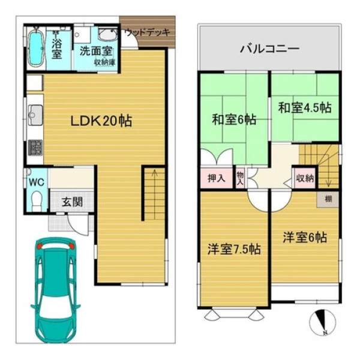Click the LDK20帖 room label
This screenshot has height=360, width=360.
[x=101, y=121]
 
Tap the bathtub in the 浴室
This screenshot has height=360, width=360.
[x=36, y=48]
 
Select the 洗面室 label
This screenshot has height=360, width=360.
[x=96, y=51]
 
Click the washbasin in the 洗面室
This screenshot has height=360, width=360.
[x=107, y=34]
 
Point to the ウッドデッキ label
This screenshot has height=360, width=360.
[x=148, y=32]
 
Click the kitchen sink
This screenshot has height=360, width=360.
[x=35, y=115]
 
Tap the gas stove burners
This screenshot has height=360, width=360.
[x=35, y=148]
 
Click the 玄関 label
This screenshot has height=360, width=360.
[x=72, y=202]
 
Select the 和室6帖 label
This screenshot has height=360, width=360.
[x=234, y=119]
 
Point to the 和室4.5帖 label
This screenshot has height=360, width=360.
[x=305, y=107]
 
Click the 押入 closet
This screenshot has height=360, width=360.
[x=217, y=178]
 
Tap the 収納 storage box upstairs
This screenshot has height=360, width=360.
[x=305, y=178]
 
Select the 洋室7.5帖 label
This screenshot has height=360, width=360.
[x=234, y=249]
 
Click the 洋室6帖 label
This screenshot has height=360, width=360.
[x=305, y=237]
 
